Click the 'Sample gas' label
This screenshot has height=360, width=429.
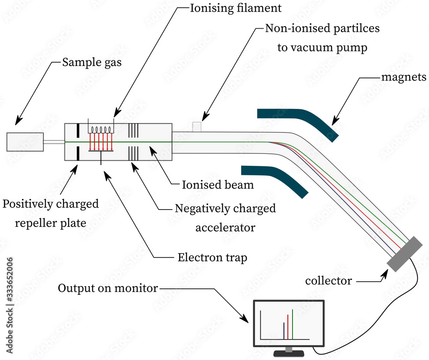92,63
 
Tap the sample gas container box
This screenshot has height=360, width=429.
25,142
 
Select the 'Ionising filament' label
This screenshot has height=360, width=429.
236,8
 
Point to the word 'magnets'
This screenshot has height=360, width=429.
404,77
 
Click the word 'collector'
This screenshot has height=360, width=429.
328,281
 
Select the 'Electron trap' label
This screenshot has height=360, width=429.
212,258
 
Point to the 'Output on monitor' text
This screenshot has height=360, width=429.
108,288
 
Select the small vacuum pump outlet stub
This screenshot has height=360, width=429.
197,127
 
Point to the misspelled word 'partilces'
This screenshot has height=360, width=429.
353,29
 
